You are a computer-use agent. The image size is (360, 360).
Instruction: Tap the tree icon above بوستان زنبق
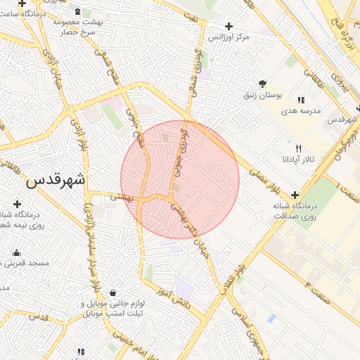pos(263,83)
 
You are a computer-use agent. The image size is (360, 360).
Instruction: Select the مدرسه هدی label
pos(301,111)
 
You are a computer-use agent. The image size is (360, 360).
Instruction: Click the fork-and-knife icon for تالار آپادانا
pos(299,148)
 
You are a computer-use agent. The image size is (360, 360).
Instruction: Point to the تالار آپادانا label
pos(300,160)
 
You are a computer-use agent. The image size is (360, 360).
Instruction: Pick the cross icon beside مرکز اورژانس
pos(229,26)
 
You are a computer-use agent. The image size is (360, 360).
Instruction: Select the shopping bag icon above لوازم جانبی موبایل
pos(113,293)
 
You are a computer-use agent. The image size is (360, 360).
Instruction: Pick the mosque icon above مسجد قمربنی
pos(16,252)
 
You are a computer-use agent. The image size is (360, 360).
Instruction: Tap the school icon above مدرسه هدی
pos(302,100)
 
